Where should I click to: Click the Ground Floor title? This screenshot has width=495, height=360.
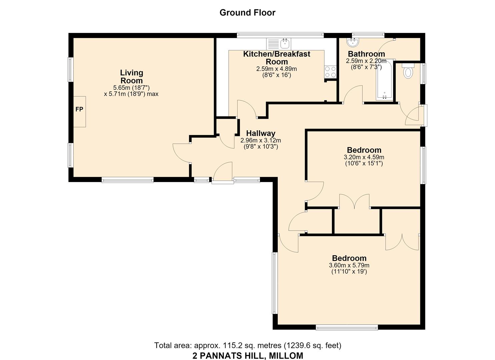tap(247, 13)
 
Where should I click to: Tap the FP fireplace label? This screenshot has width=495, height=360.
tap(79, 109)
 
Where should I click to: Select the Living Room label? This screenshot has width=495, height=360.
tap(131, 76)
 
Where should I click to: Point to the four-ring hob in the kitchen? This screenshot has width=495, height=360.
tap(330, 72)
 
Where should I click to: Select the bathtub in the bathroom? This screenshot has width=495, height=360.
tap(385, 80)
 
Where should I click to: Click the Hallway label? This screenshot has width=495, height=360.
tap(261, 133)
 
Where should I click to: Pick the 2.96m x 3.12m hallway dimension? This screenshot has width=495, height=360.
tap(261, 140)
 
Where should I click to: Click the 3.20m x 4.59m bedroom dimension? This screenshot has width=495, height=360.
tap(364, 157)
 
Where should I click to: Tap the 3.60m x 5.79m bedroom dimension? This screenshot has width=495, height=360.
tap(349, 265)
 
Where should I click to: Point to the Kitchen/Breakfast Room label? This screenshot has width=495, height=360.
tap(277, 58)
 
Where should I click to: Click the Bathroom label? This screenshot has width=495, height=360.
tap(366, 54)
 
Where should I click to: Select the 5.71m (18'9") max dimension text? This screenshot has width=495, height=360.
tap(131, 94)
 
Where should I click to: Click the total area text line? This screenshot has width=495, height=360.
tap(248, 345)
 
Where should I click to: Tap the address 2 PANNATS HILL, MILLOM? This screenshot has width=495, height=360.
tap(248, 356)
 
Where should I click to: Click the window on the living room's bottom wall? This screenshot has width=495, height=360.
tap(128, 180)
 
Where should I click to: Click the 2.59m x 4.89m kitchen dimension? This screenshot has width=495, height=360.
tap(276, 69)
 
